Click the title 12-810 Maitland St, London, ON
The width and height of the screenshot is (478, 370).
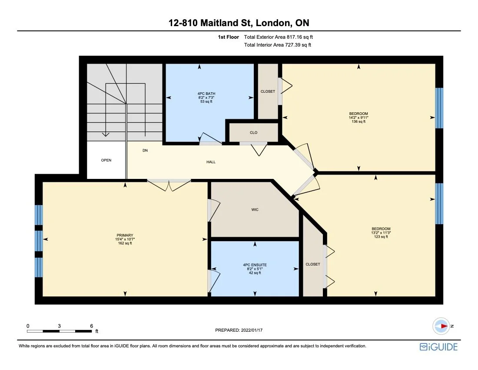click(239, 23)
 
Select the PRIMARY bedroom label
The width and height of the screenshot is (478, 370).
click(125, 235)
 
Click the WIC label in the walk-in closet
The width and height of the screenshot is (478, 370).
click(255, 210)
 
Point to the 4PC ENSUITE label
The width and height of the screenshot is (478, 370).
click(255, 265)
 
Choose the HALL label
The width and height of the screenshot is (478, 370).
click(211, 162)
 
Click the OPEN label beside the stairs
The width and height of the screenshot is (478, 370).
click(106, 160)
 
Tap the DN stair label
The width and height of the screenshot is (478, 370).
click(145, 151)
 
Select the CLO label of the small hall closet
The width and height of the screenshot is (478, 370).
click(253, 132)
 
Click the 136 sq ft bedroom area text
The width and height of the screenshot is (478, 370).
click(358, 122)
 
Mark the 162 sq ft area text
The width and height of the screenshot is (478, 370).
click(125, 243)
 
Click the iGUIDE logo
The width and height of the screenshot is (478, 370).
click(438, 347)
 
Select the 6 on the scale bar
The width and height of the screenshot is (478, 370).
click(92, 326)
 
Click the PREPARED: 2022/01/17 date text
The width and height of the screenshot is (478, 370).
click(239, 330)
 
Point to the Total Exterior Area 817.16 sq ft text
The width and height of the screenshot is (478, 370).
click(278, 37)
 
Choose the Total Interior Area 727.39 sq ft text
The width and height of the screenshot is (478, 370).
click(278, 45)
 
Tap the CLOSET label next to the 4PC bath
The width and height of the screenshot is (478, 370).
click(268, 91)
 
